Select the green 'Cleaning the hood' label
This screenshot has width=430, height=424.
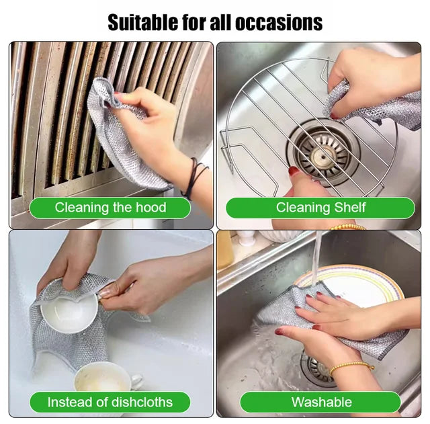tap(110, 208)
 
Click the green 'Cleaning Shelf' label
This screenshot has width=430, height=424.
tap(320, 208)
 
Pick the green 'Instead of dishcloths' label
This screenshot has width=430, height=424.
tap(110, 402)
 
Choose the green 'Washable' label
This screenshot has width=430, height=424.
tap(321, 402)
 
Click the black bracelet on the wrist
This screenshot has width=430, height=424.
tap(196, 177)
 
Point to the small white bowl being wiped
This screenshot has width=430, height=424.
tap(67, 310)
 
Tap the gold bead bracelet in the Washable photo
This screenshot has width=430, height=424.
tap(351, 367)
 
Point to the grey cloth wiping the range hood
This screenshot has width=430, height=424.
tap(121, 134)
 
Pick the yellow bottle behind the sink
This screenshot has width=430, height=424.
tap(225, 249)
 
